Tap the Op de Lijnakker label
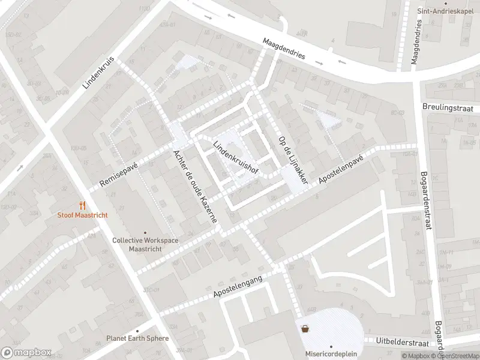click(x=293, y=160)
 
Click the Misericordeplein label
click(x=328, y=353)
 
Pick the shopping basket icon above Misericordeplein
click(x=305, y=329)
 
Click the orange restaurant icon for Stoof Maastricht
click(x=82, y=205)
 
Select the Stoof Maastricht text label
click(x=82, y=215)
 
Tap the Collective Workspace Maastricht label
click(x=145, y=244)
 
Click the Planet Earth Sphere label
click(x=137, y=338)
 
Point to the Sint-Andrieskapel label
click(x=443, y=11)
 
